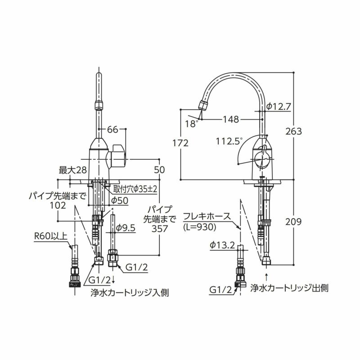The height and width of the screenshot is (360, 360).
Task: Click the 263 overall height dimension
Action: coord(293,131)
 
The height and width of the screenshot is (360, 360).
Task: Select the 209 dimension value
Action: coord(293,222)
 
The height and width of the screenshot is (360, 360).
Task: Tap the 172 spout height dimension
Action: coord(180,143)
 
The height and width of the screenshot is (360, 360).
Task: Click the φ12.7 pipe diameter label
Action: coord(279,107)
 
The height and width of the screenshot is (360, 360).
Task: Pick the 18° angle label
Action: coord(191,123)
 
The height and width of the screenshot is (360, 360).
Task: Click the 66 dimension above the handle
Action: coord(112,130)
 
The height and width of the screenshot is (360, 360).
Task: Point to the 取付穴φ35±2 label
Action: coord(135,189)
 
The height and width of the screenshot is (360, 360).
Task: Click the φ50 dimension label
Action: coord(120,200)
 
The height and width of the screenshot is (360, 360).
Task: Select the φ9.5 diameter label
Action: coord(126,228)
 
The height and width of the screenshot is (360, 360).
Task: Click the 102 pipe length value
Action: coord(58,205)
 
